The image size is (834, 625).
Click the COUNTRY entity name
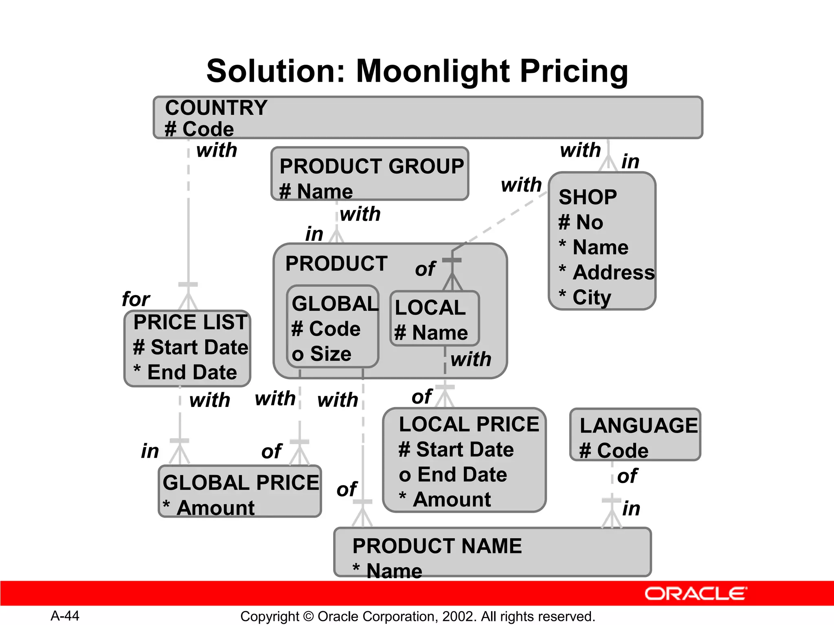[216, 108]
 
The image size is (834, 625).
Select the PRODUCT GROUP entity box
[370, 174]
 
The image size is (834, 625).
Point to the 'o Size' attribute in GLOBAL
[321, 354]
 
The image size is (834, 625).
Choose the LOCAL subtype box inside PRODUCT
[434, 319]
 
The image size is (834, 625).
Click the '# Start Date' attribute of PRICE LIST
[191, 347]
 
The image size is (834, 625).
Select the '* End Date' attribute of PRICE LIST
[185, 372]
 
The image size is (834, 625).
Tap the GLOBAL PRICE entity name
[241, 483]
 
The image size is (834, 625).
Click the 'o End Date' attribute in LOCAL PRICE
[453, 474]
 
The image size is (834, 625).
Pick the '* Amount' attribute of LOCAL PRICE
[445, 499]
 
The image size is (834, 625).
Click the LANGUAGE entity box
[635, 435]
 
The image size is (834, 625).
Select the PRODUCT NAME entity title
[437, 546]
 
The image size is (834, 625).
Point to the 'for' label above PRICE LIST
[136, 299]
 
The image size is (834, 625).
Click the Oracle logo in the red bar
[695, 594]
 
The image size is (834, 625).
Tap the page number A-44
[65, 616]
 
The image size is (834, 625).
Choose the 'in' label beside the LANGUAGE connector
[631, 509]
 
